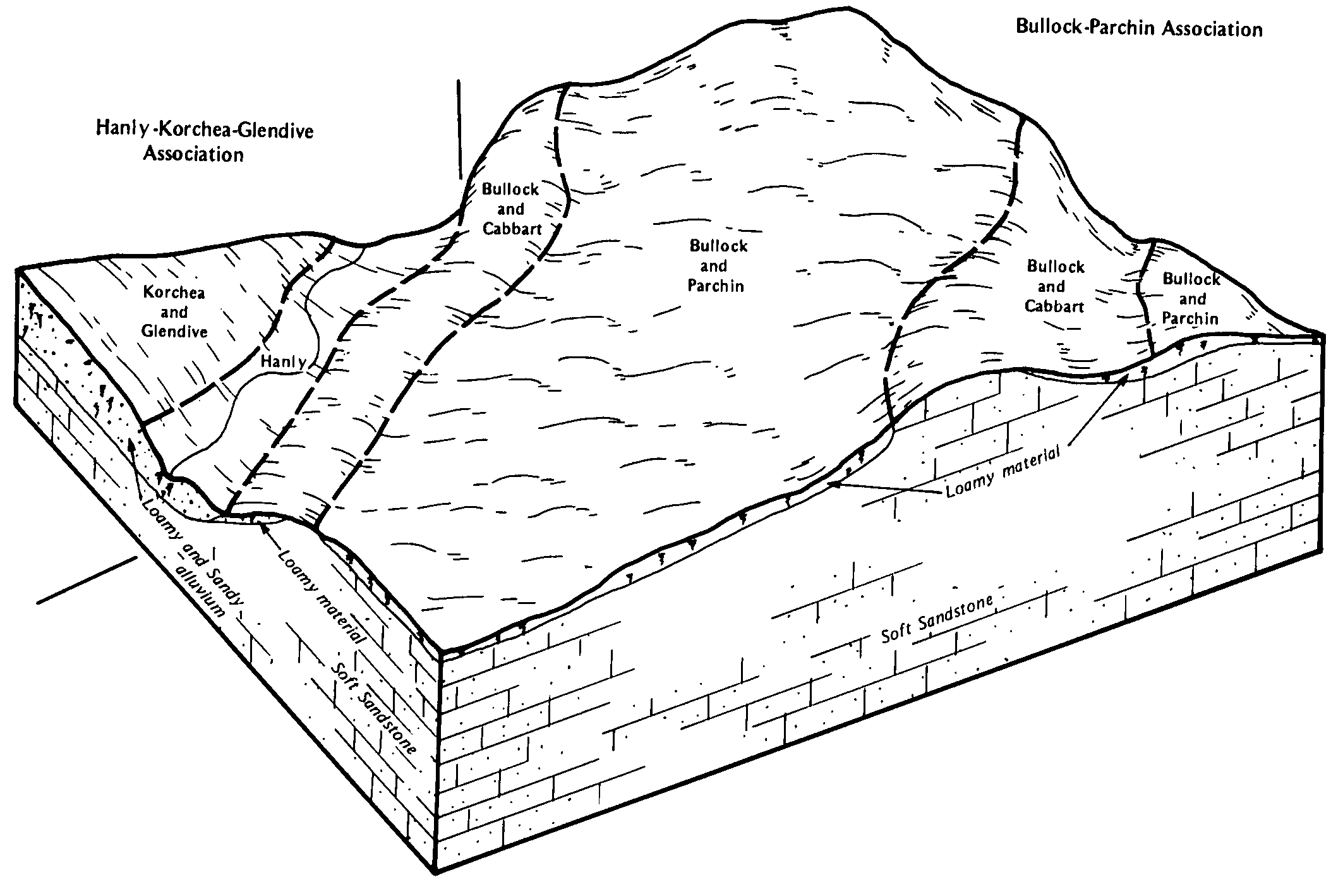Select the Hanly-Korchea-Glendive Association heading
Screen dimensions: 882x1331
204,141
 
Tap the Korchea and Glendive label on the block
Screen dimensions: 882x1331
174,311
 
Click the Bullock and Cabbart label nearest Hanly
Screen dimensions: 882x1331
511,208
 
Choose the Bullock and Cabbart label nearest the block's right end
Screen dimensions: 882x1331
1054,286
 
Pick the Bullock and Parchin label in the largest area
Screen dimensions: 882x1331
718,265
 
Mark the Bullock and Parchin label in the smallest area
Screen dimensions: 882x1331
1191,298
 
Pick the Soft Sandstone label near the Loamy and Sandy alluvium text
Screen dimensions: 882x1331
373,707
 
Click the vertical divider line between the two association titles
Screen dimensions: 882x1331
461,130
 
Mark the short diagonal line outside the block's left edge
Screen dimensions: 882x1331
87,580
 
